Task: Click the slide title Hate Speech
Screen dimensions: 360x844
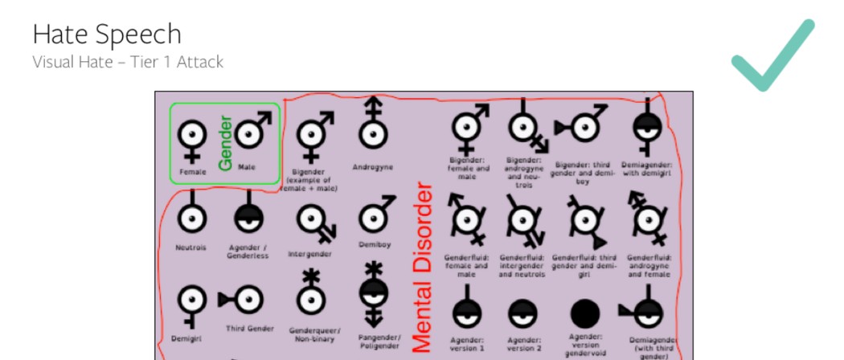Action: pos(107,34)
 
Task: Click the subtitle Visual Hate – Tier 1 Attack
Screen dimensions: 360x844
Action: pos(128,62)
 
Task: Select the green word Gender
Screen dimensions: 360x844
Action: pos(225,143)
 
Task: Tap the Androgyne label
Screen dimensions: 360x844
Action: pos(372,167)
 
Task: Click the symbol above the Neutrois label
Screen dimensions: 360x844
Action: pos(191,215)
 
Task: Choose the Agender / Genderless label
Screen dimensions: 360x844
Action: pos(248,252)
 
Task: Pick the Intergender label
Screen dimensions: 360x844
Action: pos(309,254)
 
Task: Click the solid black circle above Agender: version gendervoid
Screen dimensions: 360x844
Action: pos(585,313)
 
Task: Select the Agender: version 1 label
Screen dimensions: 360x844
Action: pos(467,344)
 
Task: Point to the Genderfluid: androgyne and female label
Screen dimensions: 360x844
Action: pos(646,265)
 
